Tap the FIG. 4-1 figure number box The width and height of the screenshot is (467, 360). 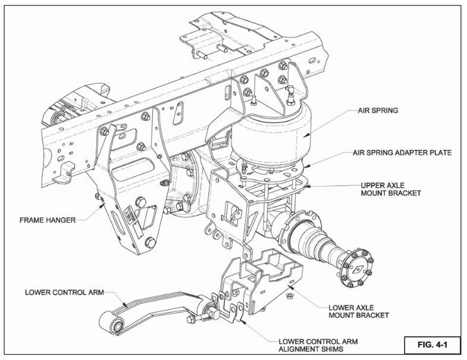(x=431, y=344)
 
